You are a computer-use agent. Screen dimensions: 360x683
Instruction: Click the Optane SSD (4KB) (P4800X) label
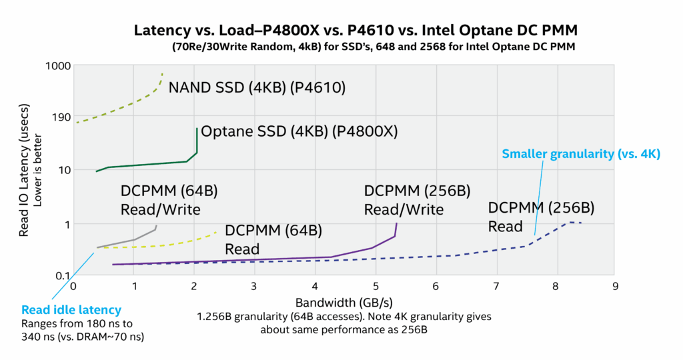click(299, 131)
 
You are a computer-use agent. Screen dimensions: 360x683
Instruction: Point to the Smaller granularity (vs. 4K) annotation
click(580, 154)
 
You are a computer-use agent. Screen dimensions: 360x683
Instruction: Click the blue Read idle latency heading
click(71, 309)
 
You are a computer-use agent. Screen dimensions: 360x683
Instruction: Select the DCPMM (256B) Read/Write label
click(404, 200)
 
